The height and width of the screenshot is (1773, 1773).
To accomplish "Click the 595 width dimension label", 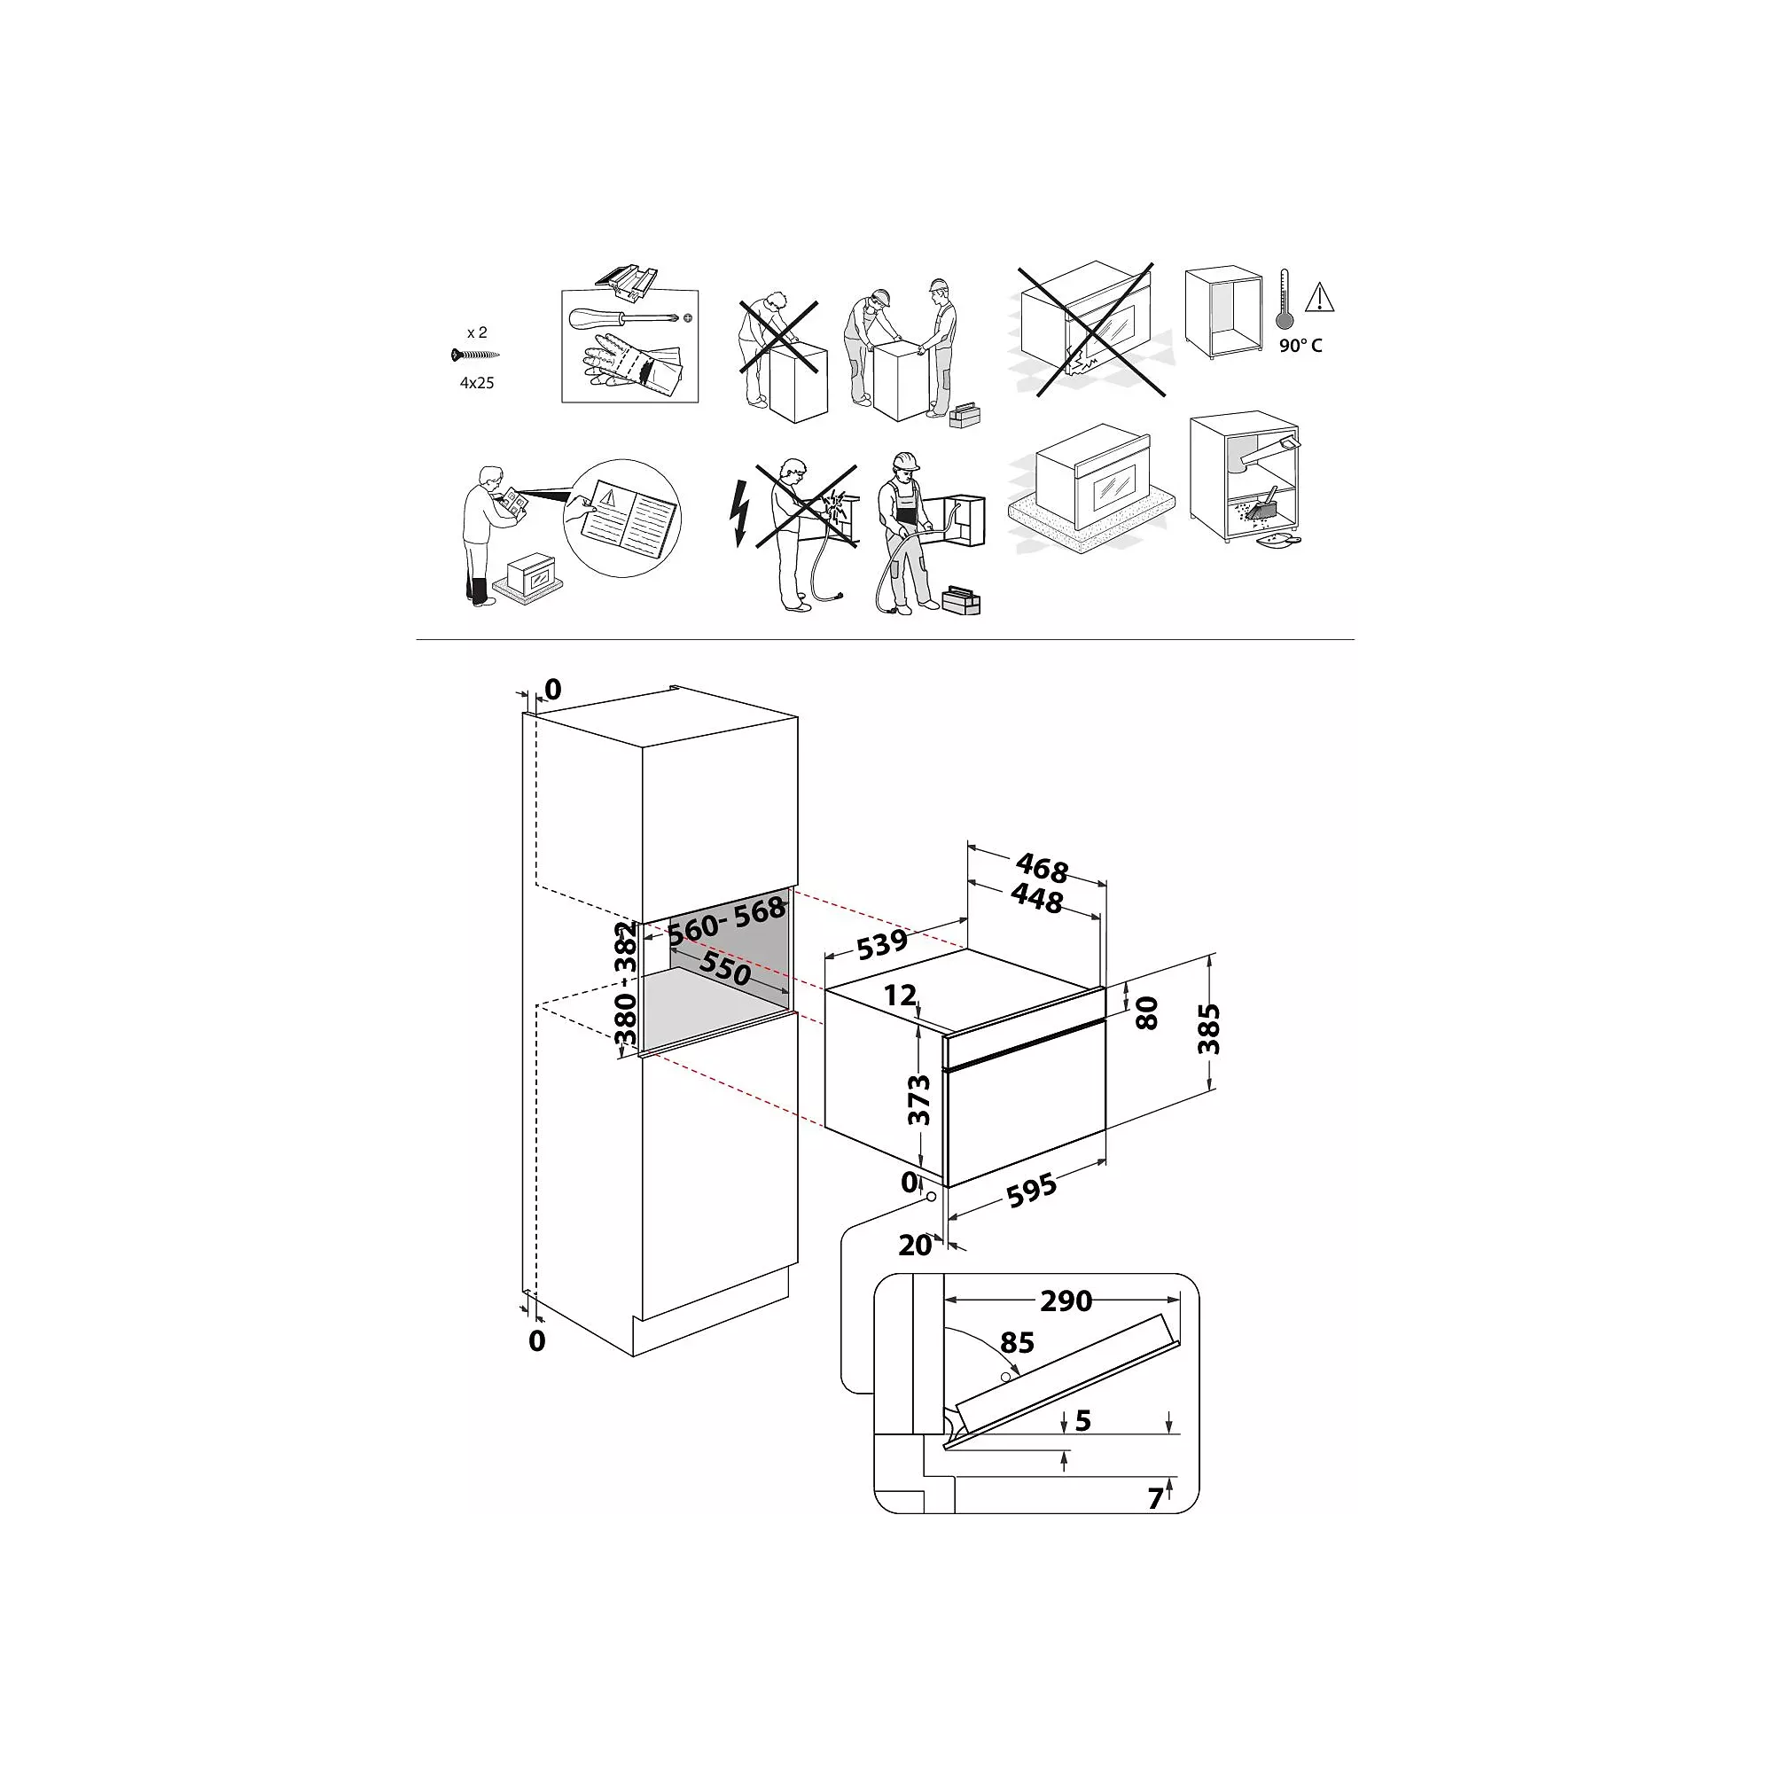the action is coord(1033,1191).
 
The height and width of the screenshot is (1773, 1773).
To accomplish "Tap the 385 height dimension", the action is coord(1208,1028).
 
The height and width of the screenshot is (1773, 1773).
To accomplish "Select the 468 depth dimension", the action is coord(1042,867).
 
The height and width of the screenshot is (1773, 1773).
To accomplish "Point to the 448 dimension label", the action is coord(1037,898).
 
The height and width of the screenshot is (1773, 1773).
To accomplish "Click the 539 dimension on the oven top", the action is coord(883,943).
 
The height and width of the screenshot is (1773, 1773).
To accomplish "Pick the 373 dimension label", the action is coord(918,1099).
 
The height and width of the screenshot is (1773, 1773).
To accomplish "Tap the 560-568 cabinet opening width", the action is coord(726,920).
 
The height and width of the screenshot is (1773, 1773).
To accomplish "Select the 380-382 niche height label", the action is coord(625,983).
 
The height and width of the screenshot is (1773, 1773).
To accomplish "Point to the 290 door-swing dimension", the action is coord(1066,1300).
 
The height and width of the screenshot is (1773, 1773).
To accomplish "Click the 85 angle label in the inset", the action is coord(1018,1342).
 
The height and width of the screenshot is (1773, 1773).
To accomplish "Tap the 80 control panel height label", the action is coord(1147,1013).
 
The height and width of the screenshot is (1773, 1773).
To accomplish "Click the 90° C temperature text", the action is coord(1301,346).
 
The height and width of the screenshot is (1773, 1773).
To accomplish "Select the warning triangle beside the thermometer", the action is coord(1320,297).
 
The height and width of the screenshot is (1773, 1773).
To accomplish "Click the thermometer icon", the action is coord(1285,301).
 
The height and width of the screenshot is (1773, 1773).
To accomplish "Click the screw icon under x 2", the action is coord(474,355).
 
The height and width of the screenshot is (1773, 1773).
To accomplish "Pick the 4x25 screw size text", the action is coord(477,383).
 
